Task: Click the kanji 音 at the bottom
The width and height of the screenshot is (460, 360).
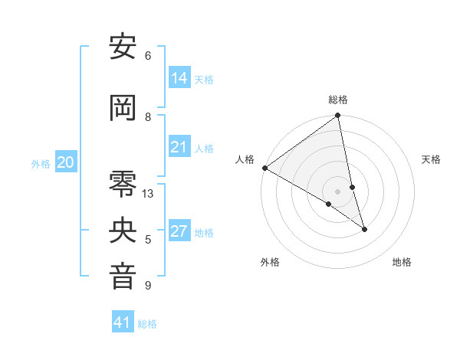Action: pyautogui.click(x=123, y=277)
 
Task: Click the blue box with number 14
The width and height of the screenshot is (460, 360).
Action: pyautogui.click(x=179, y=78)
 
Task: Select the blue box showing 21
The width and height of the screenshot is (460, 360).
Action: pyautogui.click(x=179, y=147)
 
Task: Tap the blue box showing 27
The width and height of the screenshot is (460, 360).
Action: pyautogui.click(x=179, y=231)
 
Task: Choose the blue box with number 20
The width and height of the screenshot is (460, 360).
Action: pyautogui.click(x=66, y=162)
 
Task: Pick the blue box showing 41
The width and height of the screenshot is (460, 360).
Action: pyautogui.click(x=123, y=322)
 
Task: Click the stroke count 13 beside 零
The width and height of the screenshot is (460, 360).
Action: pyautogui.click(x=148, y=194)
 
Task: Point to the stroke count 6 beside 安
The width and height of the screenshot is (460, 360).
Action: pyautogui.click(x=148, y=56)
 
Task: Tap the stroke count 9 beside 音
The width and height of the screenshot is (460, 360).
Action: pyautogui.click(x=148, y=286)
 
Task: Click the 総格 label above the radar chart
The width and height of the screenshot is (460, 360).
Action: pyautogui.click(x=338, y=100)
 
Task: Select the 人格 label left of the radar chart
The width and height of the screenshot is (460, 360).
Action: pyautogui.click(x=245, y=159)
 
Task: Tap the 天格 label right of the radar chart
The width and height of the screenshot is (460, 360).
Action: pyautogui.click(x=431, y=159)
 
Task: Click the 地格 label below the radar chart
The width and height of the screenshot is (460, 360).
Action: pyautogui.click(x=402, y=262)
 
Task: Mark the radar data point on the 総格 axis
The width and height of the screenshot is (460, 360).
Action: pyautogui.click(x=338, y=116)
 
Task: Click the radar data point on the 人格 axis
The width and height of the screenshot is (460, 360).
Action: pyautogui.click(x=264, y=168)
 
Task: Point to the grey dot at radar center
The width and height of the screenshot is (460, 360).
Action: pyautogui.click(x=338, y=191)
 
